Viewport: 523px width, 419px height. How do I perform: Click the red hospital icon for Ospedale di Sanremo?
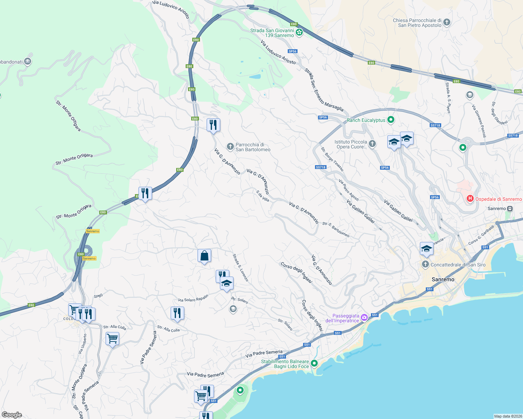click(470, 199)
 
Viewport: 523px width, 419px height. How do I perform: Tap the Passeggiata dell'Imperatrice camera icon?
click(364, 317)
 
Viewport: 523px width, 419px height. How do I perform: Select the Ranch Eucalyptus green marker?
click(391, 120)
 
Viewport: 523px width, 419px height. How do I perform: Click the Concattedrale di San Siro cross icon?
click(425, 264)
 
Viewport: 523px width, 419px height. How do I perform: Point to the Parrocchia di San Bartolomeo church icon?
click(230, 147)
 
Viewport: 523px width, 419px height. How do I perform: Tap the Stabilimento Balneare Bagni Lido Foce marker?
click(314, 363)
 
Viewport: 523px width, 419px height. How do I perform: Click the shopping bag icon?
click(204, 256)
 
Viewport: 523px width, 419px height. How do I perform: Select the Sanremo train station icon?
click(510, 208)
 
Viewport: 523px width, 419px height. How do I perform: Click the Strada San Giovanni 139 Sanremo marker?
click(299, 33)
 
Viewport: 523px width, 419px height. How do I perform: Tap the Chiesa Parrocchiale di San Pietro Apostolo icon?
click(446, 23)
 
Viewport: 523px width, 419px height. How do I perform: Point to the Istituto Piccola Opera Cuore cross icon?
click(372, 144)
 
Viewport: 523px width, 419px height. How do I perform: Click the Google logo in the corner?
click(12, 415)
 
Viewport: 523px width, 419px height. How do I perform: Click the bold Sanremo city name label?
click(443, 279)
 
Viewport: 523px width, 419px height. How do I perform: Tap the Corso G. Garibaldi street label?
click(481, 235)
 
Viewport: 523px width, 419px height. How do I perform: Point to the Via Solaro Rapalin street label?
click(193, 298)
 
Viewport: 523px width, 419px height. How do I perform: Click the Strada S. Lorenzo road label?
click(241, 267)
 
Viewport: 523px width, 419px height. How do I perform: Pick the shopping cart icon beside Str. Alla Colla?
click(112, 338)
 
